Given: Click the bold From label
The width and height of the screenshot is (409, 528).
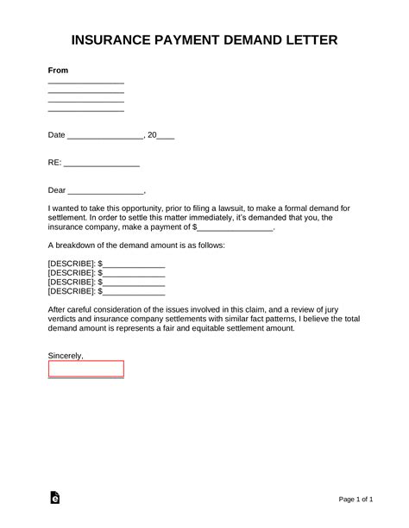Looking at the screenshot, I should click(x=58, y=70).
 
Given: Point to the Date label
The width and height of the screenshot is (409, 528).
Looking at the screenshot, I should click(x=56, y=135).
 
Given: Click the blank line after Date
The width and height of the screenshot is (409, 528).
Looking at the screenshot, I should click(x=104, y=137).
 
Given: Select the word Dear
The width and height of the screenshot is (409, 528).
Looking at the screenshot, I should click(x=57, y=189).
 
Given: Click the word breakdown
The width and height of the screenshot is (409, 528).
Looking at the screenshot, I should click(x=74, y=245).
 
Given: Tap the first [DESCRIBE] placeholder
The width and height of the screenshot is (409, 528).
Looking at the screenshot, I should click(x=71, y=263).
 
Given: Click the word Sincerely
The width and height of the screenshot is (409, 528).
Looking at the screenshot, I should click(x=66, y=355).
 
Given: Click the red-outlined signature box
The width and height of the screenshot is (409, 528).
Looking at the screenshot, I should click(x=85, y=369).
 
